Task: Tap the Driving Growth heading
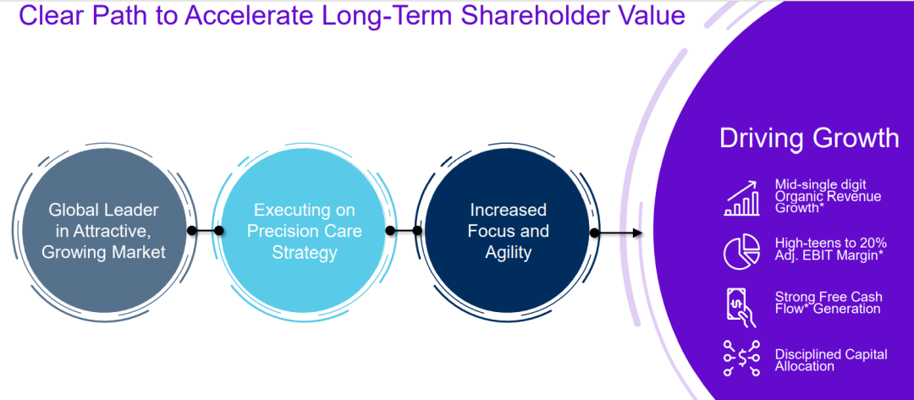810,139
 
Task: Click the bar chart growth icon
741,198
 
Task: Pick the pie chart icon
741,251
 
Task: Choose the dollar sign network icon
741,359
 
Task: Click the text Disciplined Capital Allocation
831,359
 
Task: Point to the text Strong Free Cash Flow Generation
829,302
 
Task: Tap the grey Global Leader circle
103,231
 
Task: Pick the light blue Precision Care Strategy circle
305,231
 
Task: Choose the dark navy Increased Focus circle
509,231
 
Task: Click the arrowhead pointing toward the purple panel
638,233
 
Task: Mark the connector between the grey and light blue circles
205,231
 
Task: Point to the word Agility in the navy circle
509,253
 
